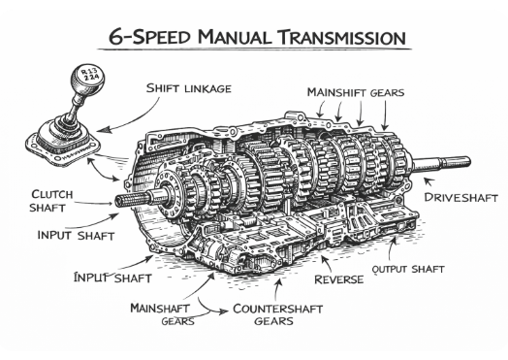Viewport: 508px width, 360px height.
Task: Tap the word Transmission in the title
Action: (342, 37)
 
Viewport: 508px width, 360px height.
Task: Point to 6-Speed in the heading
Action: (149, 37)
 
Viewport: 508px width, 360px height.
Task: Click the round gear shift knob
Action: (87, 78)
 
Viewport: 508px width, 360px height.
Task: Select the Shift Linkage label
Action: (188, 88)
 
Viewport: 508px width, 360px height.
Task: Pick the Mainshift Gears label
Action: (356, 92)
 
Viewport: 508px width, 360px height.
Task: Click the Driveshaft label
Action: (460, 197)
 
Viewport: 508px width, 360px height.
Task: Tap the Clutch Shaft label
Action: (51, 201)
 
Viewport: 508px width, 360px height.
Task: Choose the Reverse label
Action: (339, 279)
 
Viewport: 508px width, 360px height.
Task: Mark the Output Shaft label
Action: (408, 269)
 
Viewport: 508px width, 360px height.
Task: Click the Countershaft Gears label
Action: (277, 314)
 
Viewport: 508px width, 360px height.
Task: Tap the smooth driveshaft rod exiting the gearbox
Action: (441, 164)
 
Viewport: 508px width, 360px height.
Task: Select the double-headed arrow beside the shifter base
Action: (101, 170)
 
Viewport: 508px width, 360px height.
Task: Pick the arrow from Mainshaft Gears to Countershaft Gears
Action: (209, 309)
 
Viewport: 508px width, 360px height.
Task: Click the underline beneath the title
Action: (255, 49)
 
